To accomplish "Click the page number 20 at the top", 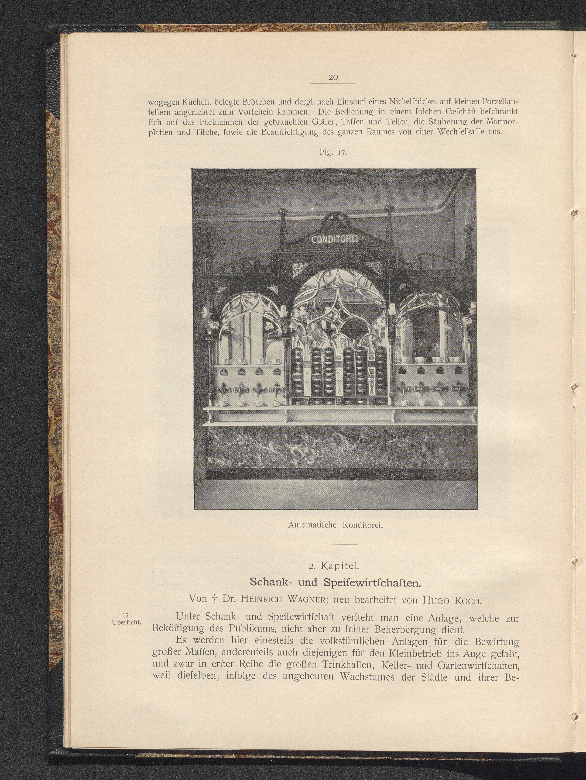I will (x=333, y=77).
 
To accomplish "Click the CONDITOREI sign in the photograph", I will (x=334, y=240).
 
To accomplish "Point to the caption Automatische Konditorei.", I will (x=335, y=524).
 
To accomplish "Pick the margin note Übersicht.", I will (x=126, y=622).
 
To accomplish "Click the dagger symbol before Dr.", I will (x=214, y=599).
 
